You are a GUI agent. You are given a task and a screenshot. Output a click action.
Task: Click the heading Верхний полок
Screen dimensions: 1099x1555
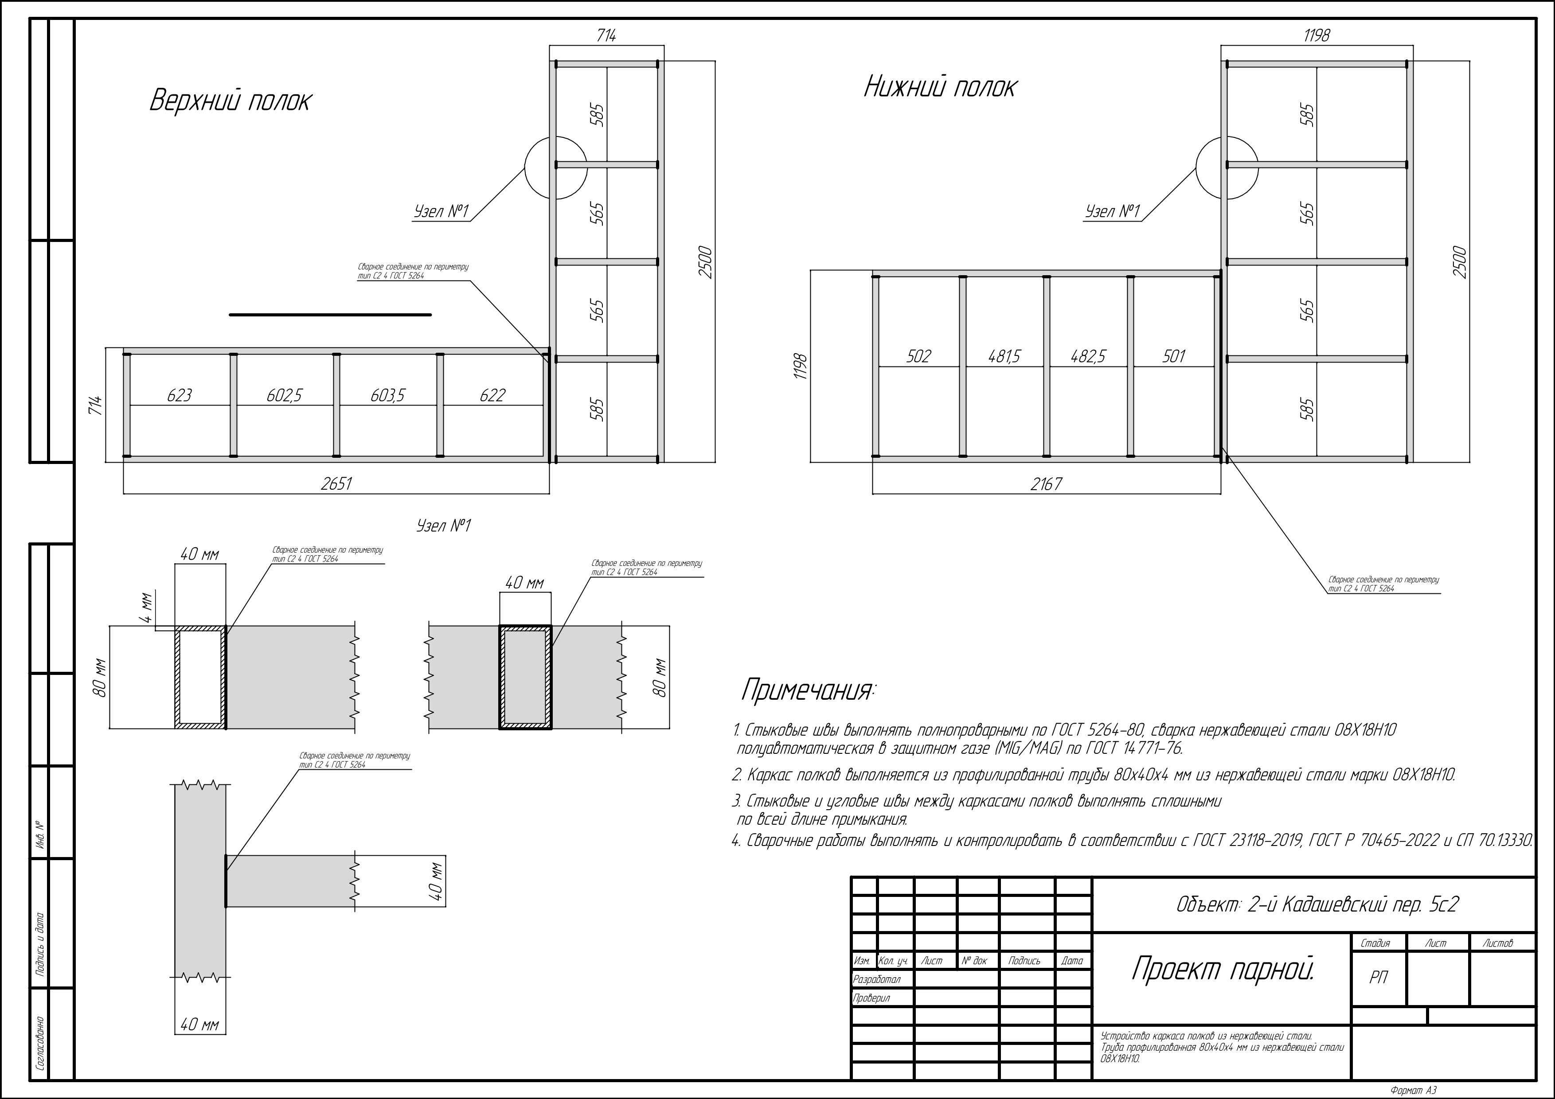(230, 101)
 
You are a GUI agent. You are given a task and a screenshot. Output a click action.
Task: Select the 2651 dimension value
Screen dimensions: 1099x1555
(336, 483)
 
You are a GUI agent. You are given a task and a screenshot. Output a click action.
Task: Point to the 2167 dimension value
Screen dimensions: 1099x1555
(1047, 483)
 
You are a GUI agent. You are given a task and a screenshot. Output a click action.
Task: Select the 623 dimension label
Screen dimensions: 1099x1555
(180, 395)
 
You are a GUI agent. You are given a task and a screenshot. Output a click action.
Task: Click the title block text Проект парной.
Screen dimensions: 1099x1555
(1223, 969)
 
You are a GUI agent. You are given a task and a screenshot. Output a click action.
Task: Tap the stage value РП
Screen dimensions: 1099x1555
(1378, 977)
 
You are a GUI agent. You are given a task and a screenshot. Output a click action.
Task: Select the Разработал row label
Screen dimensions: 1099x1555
(877, 979)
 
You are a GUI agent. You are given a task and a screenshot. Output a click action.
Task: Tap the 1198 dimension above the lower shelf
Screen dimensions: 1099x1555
(1317, 35)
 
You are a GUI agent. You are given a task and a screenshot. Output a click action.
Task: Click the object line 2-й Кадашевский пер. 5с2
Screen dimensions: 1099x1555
(1317, 904)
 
